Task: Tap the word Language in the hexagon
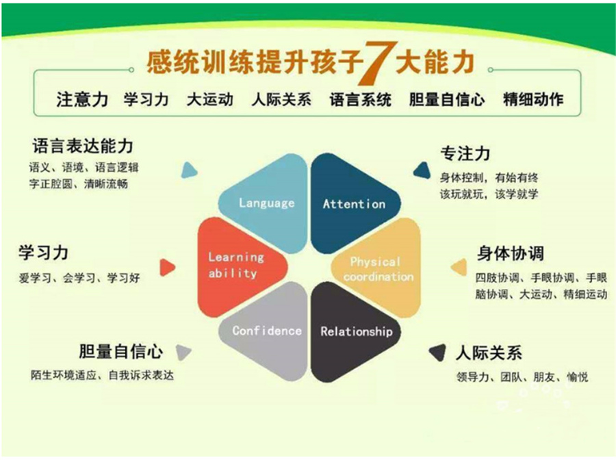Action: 266,203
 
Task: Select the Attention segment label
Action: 354,203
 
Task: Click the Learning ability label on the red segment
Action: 235,265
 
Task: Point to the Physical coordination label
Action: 378,269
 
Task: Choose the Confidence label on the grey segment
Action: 267,331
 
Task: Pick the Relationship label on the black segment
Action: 357,331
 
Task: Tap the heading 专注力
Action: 465,153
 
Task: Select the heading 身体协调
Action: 510,253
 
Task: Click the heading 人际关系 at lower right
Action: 489,353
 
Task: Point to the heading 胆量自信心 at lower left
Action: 120,352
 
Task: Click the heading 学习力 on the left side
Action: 43,253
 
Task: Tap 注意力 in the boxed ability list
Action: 82,99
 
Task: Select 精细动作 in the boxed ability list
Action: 533,99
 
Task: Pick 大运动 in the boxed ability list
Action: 209,99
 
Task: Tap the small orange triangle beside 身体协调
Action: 457,266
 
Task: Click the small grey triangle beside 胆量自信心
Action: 183,352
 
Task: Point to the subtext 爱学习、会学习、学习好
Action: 79,279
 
